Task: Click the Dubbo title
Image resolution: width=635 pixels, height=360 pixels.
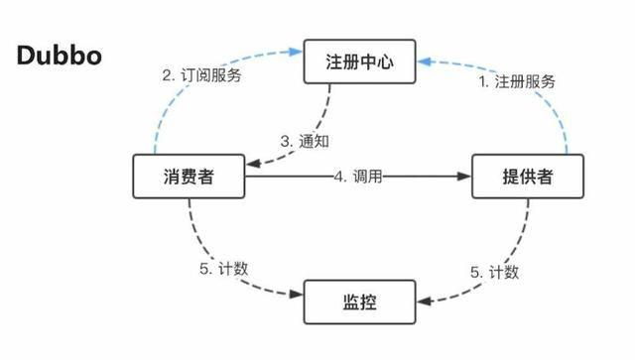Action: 58,55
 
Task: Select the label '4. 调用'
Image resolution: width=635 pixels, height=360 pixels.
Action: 358,177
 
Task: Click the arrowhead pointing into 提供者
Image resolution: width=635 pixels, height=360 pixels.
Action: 464,178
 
